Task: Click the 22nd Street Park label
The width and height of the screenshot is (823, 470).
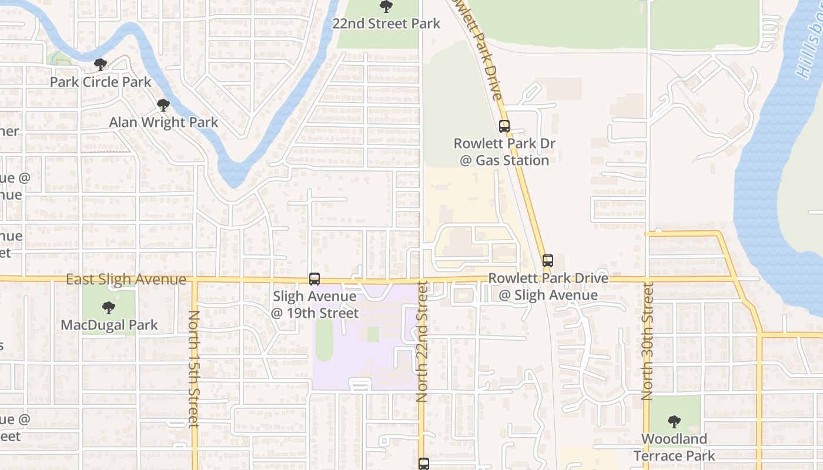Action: point(386,23)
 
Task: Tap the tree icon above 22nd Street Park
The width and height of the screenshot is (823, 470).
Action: point(386,6)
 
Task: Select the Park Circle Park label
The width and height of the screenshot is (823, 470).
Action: point(101,82)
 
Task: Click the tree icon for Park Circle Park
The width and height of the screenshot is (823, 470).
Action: point(101,64)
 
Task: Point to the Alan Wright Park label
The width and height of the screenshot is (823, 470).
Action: point(163,122)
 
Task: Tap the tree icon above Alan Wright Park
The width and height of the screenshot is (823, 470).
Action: point(163,105)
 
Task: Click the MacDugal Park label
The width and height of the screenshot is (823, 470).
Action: point(109,325)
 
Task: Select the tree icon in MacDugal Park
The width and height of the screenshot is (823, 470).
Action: point(108,307)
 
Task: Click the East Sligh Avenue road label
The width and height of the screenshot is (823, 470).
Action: point(126,280)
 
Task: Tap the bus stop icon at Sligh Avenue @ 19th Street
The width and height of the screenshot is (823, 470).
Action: point(315,279)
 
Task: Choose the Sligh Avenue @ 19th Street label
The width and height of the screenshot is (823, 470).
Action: point(315,304)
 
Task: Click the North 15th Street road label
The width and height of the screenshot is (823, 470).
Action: point(193,368)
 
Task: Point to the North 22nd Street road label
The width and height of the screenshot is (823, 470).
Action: point(422,341)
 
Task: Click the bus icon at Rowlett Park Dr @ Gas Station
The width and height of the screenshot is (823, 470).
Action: point(504,126)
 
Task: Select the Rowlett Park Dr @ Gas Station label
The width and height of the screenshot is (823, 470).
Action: point(504,152)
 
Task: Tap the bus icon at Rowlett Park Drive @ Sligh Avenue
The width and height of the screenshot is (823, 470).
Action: point(548,260)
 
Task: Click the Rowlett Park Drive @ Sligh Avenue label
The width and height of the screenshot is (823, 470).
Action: point(548,286)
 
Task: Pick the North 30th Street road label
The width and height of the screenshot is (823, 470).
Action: point(648,341)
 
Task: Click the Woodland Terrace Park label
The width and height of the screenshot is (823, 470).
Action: point(674,447)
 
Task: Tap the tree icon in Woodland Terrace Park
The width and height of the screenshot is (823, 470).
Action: point(674,421)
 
